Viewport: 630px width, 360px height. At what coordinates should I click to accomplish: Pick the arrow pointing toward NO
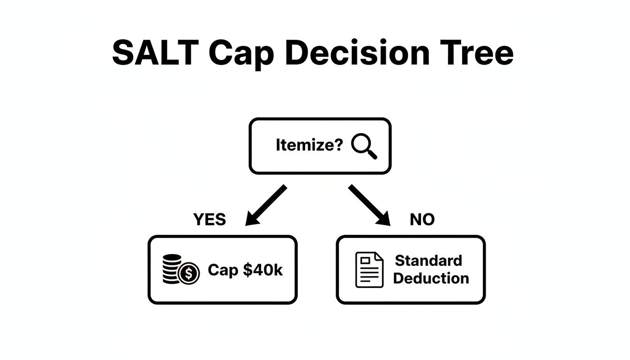(369, 204)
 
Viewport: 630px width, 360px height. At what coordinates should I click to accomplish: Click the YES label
(209, 219)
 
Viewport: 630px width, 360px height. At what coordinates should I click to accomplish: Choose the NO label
(422, 219)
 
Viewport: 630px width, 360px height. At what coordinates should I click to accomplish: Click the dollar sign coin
(189, 273)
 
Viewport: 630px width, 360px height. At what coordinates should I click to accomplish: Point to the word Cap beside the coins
(223, 270)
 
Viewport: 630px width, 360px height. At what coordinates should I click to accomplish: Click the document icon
(369, 270)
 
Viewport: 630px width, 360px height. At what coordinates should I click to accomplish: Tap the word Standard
(428, 261)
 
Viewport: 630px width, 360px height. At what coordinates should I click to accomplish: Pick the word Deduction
(431, 278)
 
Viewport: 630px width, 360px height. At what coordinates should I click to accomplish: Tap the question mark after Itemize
(339, 145)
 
